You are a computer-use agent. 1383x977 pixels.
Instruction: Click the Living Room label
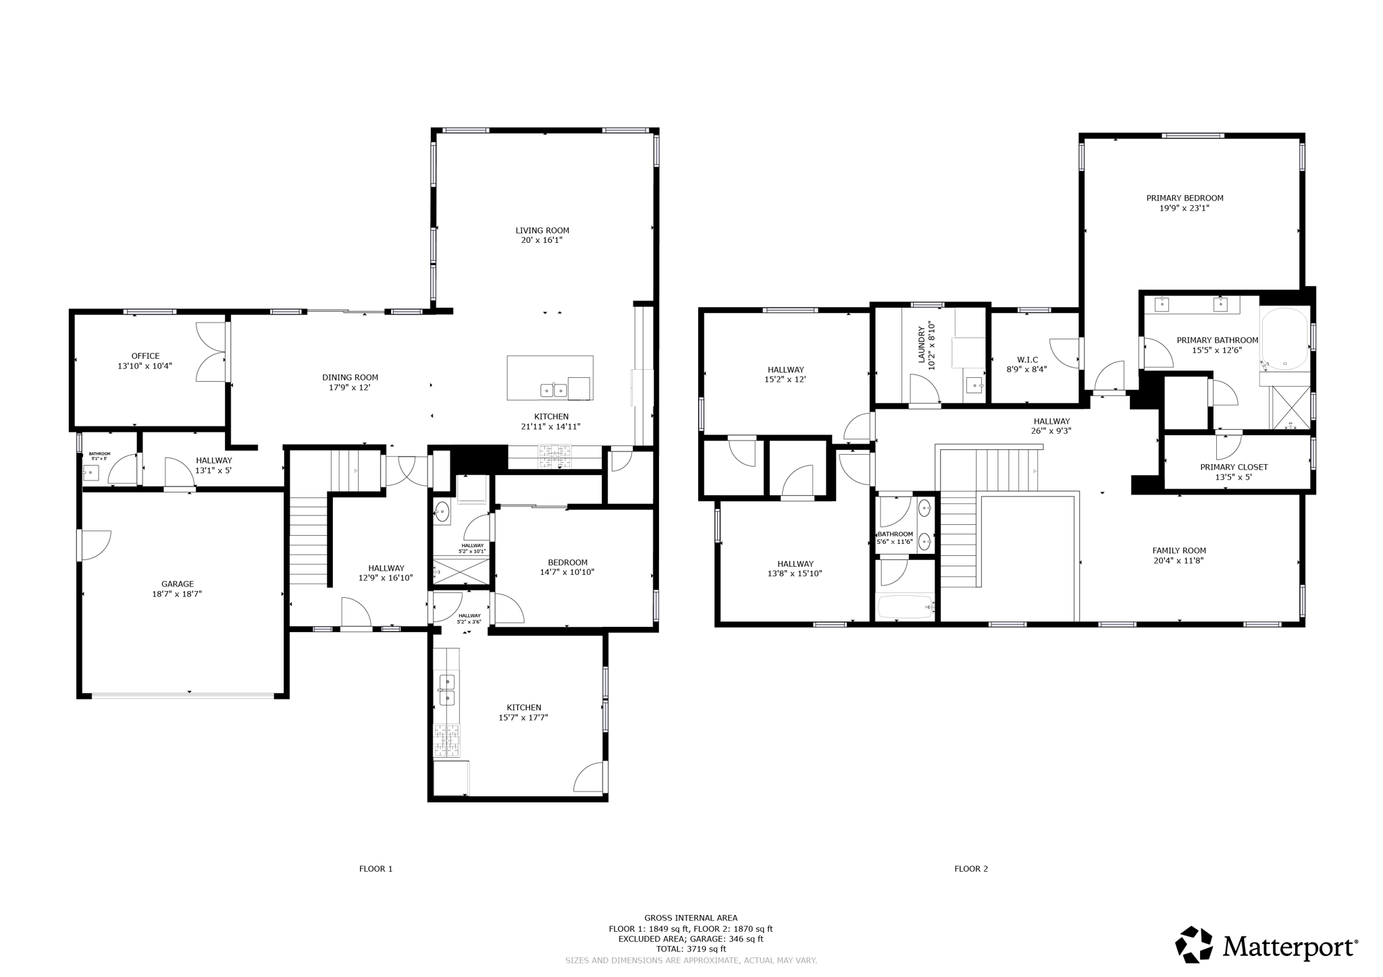coord(542,231)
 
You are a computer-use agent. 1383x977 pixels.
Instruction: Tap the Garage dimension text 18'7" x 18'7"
coord(177,594)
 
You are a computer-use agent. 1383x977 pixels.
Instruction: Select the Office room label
coord(145,356)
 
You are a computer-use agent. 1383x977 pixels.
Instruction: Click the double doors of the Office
coord(211,352)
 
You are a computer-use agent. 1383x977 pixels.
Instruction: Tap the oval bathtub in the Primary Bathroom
coord(1285,339)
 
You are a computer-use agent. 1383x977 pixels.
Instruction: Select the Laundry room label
coord(921,345)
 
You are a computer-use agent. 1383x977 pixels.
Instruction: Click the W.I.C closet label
coord(1027,360)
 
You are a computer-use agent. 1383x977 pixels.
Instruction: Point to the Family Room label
coord(1179,551)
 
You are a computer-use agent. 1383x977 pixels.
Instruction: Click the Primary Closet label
coord(1234,467)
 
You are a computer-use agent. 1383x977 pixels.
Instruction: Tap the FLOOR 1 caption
coord(375,869)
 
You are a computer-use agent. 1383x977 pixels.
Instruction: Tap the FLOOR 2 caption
coord(971,869)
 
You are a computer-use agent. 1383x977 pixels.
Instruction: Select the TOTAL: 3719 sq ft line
coord(691,949)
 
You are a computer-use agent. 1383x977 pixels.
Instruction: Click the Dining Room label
coord(350,378)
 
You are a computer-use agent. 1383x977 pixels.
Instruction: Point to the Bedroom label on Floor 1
coord(567,563)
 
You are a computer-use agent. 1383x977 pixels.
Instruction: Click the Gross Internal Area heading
coord(691,918)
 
